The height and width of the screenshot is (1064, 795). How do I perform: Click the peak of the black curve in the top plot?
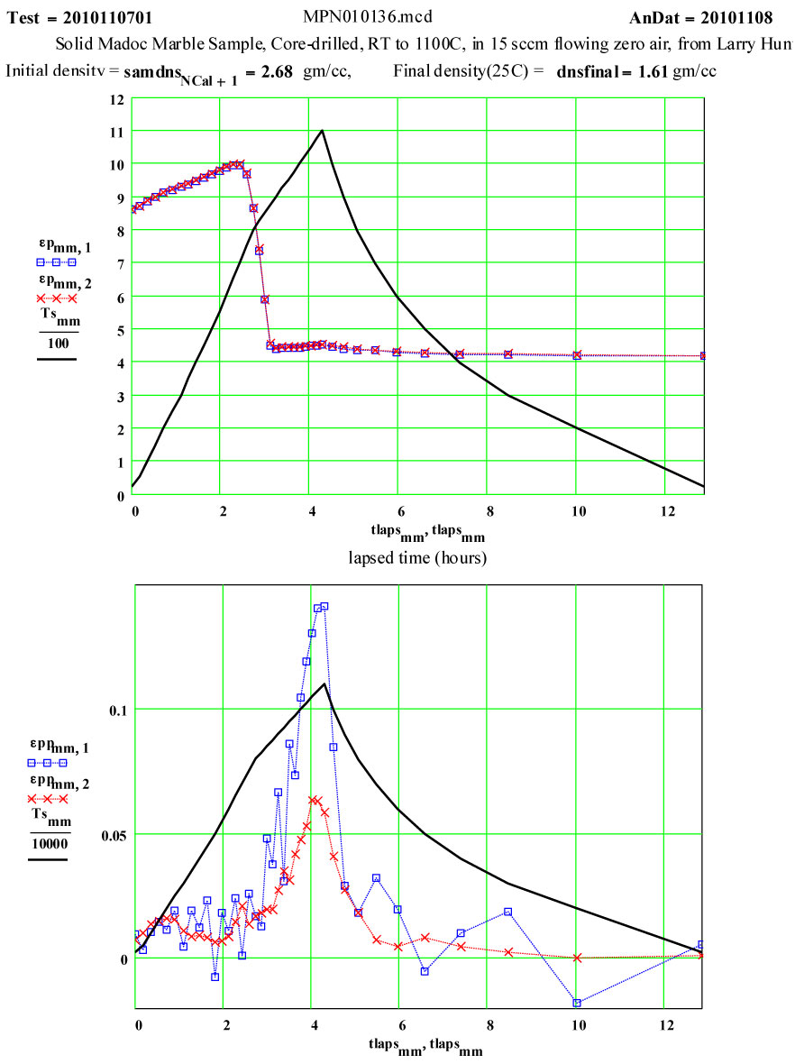pos(322,131)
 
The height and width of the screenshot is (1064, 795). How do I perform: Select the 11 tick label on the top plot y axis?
pos(115,132)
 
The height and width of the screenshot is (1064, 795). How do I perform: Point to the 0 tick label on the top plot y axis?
pos(118,495)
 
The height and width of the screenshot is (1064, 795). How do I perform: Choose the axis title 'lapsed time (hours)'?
pos(417,558)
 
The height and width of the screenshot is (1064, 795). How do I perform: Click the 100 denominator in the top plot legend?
pos(55,344)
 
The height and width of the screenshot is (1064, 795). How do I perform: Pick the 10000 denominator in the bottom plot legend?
pos(49,844)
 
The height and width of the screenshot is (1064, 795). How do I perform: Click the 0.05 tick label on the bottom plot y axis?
pos(108,834)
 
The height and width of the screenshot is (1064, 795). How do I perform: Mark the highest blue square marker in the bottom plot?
pos(324,606)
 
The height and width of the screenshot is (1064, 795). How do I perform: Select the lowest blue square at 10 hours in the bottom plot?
pos(577,1003)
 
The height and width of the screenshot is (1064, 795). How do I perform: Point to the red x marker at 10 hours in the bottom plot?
pos(577,958)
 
